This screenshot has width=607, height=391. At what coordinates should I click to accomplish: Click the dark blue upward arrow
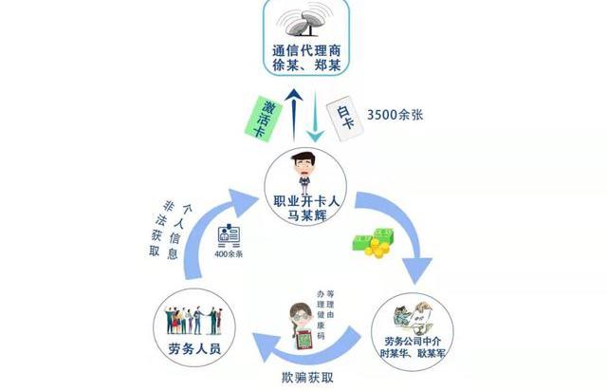click(295, 113)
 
